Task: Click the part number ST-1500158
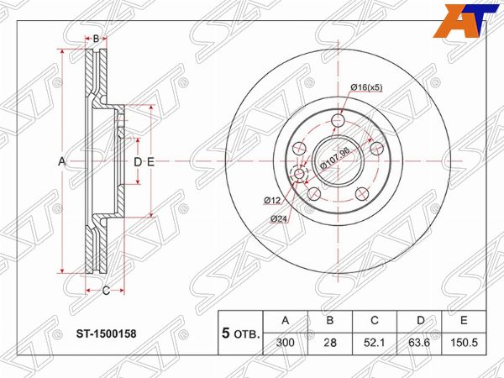click(106, 333)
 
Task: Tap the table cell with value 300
click(285, 343)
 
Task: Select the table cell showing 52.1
click(375, 343)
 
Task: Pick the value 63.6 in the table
click(419, 343)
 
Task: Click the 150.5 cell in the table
click(464, 343)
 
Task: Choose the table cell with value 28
click(330, 343)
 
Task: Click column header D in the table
click(420, 321)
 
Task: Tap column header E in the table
click(464, 321)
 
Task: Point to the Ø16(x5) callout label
click(366, 87)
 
